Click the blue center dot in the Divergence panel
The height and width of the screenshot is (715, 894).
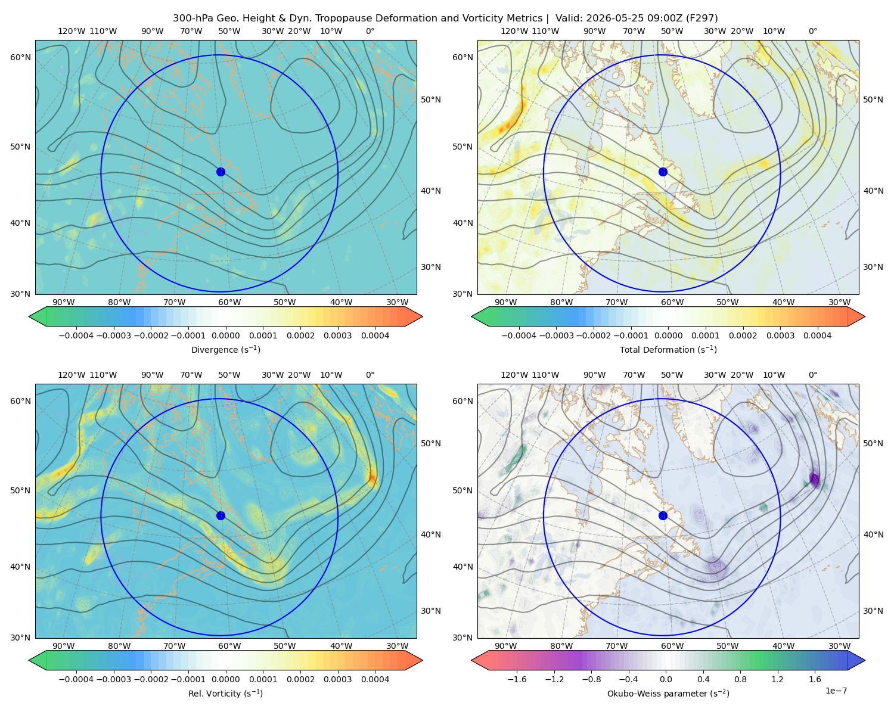[221, 172]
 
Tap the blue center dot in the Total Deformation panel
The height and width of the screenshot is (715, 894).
[663, 172]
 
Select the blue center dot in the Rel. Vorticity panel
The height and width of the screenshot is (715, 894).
[221, 515]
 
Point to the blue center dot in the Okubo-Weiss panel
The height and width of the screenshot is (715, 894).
[663, 515]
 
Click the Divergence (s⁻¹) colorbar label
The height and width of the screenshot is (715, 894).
[225, 349]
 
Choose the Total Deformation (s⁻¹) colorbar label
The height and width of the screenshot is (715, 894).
[668, 349]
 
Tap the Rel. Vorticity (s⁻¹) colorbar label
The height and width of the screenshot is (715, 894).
[225, 693]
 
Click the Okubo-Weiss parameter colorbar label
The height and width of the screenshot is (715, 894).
[668, 693]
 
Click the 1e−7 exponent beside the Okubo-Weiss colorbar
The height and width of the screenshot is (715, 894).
[836, 691]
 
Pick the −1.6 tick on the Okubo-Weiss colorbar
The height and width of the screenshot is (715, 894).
[517, 679]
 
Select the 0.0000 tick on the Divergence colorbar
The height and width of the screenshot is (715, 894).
[225, 335]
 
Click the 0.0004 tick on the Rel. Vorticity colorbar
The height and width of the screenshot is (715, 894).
[375, 679]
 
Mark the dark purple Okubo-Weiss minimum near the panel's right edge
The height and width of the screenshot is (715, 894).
[815, 478]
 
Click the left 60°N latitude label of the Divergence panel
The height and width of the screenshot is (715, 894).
[20, 57]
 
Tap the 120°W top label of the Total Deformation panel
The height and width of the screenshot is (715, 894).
[514, 31]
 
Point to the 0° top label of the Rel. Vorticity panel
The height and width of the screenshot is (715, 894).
[370, 375]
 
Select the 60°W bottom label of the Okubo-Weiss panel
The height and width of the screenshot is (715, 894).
[672, 646]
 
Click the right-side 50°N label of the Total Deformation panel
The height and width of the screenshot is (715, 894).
[873, 100]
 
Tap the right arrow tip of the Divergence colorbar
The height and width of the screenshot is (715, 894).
[423, 316]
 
